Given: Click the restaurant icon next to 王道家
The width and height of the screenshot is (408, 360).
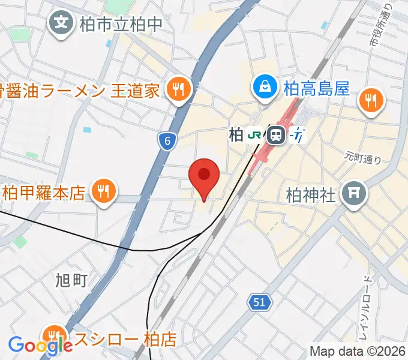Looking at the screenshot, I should point(178,90).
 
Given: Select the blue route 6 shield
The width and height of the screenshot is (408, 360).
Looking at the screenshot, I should point(167,142).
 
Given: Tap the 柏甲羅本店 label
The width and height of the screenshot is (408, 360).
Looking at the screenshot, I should point(44,193).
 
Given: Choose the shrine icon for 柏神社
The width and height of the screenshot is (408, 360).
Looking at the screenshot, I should point(353,194).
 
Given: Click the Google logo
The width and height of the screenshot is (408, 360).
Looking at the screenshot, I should point(37,345).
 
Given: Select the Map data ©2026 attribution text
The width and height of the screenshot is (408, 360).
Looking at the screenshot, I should point(358,351).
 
